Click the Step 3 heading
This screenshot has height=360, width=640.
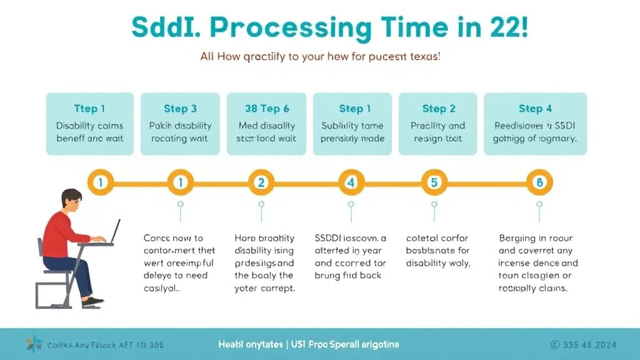(x=180, y=109)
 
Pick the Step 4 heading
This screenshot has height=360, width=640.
(x=535, y=109)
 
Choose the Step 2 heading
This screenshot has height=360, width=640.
(x=438, y=109)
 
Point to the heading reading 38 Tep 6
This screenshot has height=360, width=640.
(x=266, y=109)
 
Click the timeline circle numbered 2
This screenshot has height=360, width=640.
(x=261, y=182)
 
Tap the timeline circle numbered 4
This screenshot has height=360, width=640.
(x=351, y=182)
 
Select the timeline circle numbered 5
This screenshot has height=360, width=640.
(x=434, y=182)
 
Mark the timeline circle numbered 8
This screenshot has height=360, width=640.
(x=539, y=182)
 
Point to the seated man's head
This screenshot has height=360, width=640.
(x=71, y=201)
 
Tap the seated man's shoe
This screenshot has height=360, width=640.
(x=92, y=301)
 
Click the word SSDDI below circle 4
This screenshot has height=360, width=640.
(x=331, y=238)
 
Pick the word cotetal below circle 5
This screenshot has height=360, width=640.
(x=421, y=238)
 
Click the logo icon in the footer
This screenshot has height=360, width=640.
(x=33, y=344)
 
